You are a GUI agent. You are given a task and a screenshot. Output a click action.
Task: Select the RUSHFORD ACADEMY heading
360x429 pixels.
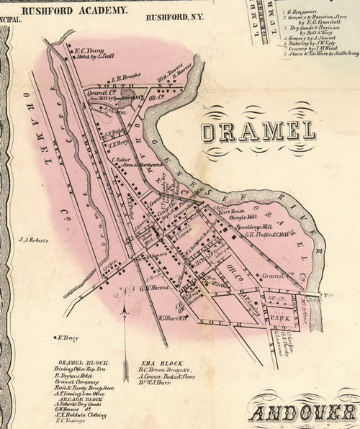click(x=75, y=11)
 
